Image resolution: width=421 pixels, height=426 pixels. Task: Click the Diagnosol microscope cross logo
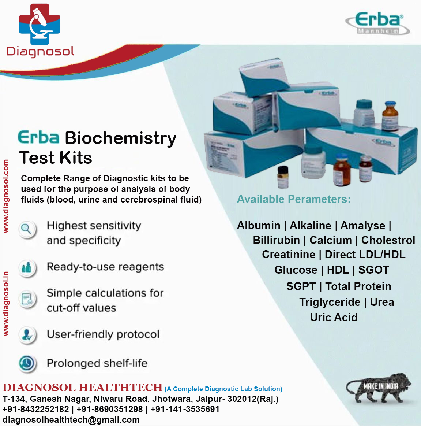tap(40, 24)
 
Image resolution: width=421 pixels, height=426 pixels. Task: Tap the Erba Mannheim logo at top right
tap(377, 23)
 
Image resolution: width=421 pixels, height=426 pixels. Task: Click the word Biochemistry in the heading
tap(120, 138)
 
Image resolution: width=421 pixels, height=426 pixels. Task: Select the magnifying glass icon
tap(27, 229)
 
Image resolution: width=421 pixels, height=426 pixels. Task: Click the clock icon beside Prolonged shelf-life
tap(27, 363)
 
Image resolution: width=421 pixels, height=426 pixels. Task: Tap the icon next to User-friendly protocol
tap(27, 334)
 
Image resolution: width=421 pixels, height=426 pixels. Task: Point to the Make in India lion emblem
tap(379, 388)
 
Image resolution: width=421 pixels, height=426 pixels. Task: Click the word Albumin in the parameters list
tap(259, 226)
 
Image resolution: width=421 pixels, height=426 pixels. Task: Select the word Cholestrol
tap(388, 240)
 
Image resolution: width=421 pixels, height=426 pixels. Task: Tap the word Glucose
tap(296, 270)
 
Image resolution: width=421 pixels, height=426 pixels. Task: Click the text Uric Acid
tap(334, 317)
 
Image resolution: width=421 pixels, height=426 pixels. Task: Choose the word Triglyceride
tap(330, 302)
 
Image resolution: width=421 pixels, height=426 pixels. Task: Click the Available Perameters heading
tap(294, 199)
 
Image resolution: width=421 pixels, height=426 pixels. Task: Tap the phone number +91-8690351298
tap(110, 409)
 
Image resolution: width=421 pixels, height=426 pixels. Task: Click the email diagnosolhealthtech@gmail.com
tap(71, 420)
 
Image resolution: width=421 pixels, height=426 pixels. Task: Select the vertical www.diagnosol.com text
tap(6, 196)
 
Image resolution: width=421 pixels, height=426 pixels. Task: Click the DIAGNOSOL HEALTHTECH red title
tap(82, 388)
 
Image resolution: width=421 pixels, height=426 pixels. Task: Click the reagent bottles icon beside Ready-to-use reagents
tap(27, 268)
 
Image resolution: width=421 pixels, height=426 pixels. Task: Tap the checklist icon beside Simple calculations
tap(27, 300)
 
